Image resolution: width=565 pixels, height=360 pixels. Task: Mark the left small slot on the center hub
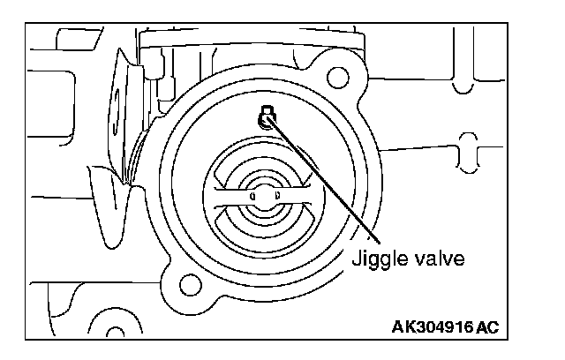[252, 193]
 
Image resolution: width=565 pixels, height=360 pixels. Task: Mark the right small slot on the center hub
[276, 193]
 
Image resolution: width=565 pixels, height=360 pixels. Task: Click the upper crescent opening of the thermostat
[263, 168]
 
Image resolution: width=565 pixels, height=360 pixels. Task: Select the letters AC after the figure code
[487, 328]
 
